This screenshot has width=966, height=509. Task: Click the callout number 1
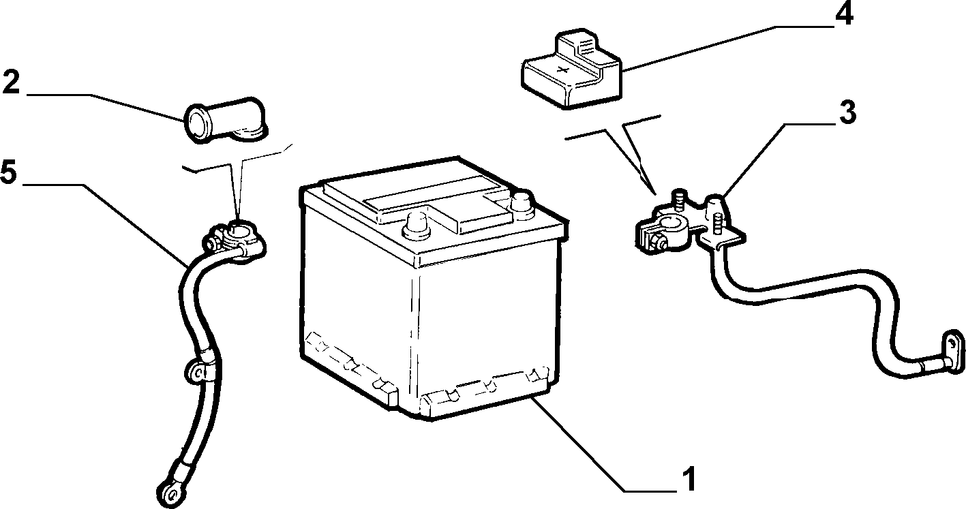click(689, 478)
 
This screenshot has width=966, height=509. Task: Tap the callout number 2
click(11, 82)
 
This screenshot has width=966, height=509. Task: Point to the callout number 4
click(844, 14)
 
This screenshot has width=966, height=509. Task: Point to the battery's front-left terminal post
click(416, 226)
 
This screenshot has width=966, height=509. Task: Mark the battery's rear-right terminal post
click(522, 202)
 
